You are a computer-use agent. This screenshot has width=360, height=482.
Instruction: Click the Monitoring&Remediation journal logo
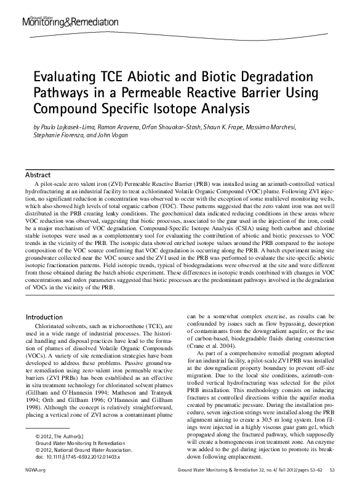click(70, 22)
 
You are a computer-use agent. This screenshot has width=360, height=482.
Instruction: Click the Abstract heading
click(38, 175)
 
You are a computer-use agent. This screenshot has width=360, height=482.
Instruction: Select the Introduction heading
click(44, 317)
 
